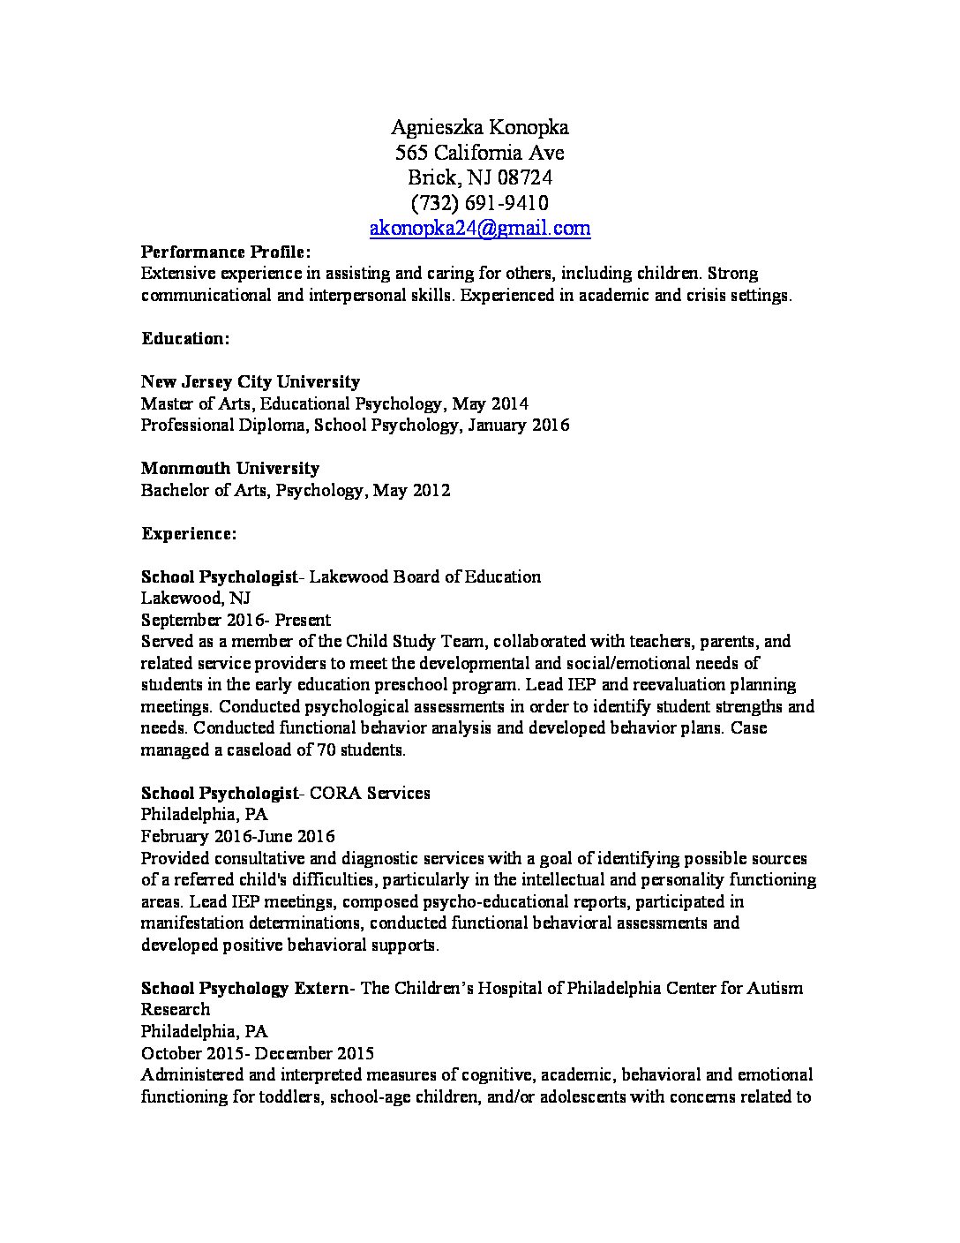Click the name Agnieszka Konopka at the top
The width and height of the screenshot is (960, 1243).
tap(479, 128)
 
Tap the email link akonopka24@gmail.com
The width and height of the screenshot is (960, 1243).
tap(479, 229)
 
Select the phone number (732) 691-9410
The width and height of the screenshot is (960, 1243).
tap(479, 203)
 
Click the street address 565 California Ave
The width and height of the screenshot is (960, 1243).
tap(479, 154)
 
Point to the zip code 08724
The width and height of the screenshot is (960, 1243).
tap(523, 178)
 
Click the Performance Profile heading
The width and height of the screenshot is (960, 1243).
tap(226, 252)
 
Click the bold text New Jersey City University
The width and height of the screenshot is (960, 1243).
tap(251, 382)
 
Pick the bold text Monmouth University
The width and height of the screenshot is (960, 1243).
tap(229, 469)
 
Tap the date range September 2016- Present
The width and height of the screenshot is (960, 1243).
tap(236, 621)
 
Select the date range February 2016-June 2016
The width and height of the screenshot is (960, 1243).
tap(237, 836)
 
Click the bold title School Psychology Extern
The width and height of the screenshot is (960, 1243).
tap(244, 988)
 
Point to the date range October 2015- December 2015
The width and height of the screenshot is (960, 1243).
tap(258, 1053)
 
